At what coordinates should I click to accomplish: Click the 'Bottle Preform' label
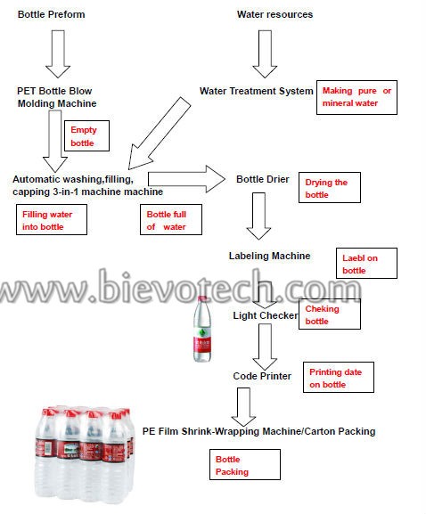pos(51,14)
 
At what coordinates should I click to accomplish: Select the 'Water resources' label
pos(274,14)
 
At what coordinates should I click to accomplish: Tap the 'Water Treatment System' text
pos(256,91)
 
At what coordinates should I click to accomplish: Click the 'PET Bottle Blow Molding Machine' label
pos(57,97)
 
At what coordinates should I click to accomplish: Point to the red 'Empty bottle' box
pos(87,135)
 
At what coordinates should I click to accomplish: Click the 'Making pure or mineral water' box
pos(356,97)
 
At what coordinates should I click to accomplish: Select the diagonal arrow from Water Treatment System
pos(159,133)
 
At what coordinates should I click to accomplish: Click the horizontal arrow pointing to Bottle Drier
pos(186,179)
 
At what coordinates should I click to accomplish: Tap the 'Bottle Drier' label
pos(263,179)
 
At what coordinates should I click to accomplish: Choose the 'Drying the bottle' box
pos(330,187)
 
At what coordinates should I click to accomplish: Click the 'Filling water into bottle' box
pos(52,220)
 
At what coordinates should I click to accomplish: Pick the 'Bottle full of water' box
pos(171,220)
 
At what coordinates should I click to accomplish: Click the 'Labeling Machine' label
pos(269,256)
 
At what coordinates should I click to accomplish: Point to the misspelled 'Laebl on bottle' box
pos(366,263)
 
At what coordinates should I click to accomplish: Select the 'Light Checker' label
pos(266,315)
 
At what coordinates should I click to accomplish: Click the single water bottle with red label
pos(202,329)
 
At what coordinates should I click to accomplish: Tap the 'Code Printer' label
pos(262,376)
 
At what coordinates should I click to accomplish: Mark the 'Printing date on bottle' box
pos(339,378)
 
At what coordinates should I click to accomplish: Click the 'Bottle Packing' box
pos(245,464)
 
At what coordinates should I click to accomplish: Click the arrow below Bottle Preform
pos(58,54)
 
